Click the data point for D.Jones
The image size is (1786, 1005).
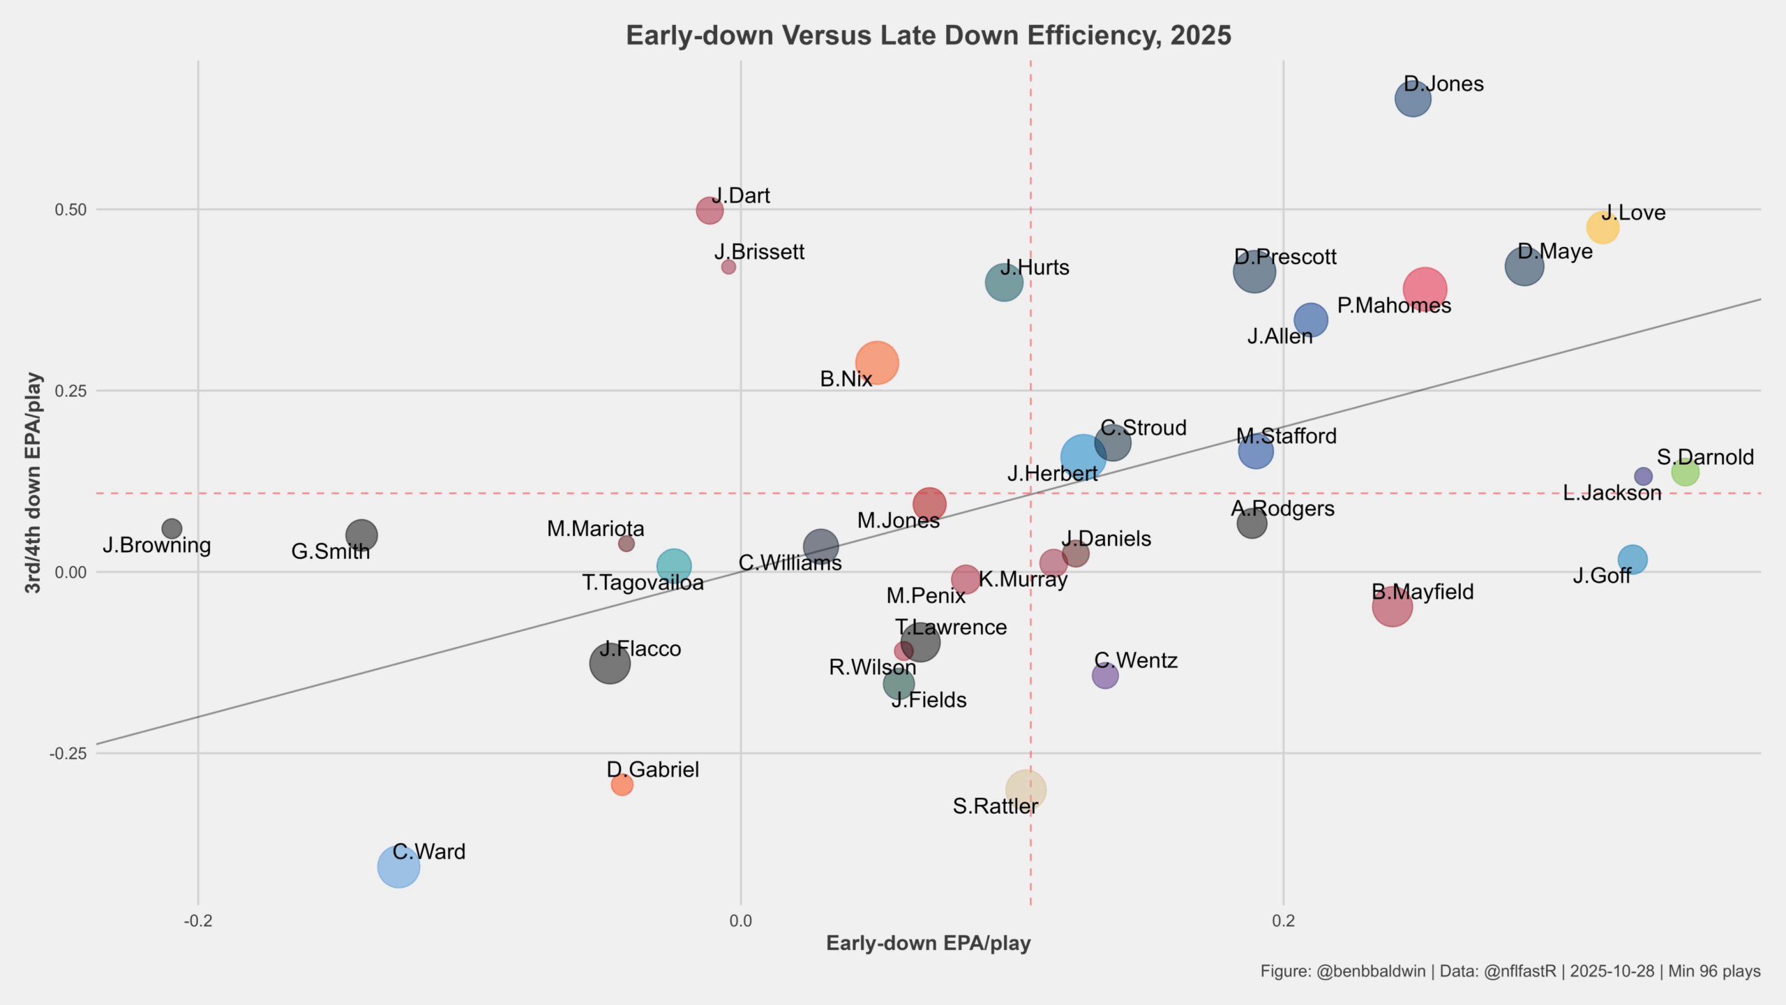click(x=1413, y=98)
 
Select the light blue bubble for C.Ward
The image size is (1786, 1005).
click(x=398, y=867)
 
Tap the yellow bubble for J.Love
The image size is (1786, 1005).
click(x=1603, y=227)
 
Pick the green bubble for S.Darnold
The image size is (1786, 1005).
click(x=1685, y=472)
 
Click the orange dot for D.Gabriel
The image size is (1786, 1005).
click(x=622, y=784)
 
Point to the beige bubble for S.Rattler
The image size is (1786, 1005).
click(x=1025, y=790)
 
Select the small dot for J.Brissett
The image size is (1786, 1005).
click(x=728, y=267)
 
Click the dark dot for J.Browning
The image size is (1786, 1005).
click(x=172, y=528)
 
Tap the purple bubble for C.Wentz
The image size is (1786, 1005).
click(x=1104, y=675)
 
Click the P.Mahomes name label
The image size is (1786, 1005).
click(x=1394, y=306)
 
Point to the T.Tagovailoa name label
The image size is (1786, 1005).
click(x=643, y=582)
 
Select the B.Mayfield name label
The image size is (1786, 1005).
click(x=1423, y=592)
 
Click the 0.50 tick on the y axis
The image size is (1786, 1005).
click(x=70, y=209)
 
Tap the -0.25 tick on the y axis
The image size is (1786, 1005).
click(x=68, y=754)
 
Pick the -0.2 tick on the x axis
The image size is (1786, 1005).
click(x=198, y=921)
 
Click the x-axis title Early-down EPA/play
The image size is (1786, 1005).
click(x=928, y=944)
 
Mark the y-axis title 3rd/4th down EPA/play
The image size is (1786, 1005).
click(x=33, y=483)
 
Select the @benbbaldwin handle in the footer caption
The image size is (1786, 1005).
click(x=1370, y=971)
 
